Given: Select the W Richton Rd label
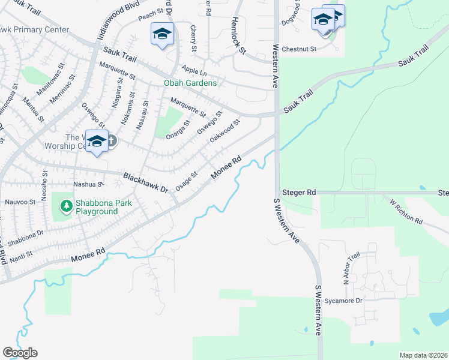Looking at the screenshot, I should (406, 211).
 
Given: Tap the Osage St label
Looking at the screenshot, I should (186, 182).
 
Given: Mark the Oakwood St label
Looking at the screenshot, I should (225, 131).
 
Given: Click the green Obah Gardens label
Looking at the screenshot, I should (191, 83).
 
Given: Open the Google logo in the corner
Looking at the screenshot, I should (20, 353).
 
